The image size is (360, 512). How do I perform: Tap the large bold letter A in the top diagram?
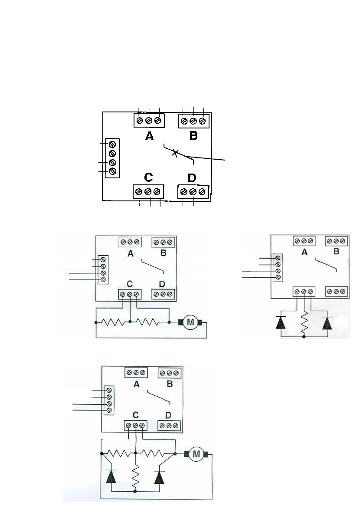150,136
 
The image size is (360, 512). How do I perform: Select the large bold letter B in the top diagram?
193,136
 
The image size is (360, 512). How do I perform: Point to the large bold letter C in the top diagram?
148,177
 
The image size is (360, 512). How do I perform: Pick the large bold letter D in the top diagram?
192,177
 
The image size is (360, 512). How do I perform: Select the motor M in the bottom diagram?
197,454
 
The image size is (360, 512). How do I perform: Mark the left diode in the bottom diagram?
111,477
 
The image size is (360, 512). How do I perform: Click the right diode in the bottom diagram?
160,477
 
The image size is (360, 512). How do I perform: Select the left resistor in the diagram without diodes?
113,322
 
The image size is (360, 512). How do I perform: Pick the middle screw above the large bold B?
193,120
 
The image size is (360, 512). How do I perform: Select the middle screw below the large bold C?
148,191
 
